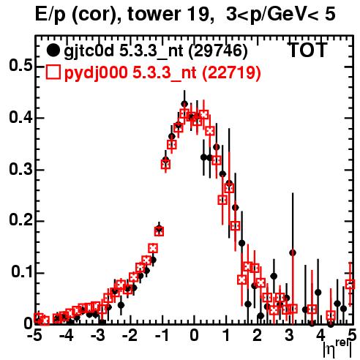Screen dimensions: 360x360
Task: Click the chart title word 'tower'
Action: pos(152,14)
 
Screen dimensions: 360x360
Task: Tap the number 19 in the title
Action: pos(197,14)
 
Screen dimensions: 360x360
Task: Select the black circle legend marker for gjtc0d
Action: pos(53,50)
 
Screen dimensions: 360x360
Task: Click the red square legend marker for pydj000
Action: pos(53,72)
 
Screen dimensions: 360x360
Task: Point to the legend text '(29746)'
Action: pos(218,51)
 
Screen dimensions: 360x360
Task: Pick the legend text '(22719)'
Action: pos(231,72)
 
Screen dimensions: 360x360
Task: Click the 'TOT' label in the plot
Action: pos(307,50)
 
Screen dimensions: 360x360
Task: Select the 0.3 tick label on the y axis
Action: pos(20,169)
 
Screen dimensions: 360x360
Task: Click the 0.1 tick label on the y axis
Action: pos(22,272)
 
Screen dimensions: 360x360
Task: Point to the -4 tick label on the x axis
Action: pos(67,335)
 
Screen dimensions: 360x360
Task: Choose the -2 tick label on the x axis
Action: pos(130,335)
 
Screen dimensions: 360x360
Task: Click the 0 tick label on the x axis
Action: pos(194,335)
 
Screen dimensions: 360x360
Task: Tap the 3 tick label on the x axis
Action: pos(289,335)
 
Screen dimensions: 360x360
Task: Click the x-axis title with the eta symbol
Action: pos(337,348)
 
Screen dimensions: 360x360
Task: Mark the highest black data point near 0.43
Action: pos(184,104)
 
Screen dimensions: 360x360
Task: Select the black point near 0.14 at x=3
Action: pos(293,253)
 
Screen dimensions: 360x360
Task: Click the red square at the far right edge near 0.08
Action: pos(350,284)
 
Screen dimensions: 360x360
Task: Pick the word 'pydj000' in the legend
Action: pos(96,72)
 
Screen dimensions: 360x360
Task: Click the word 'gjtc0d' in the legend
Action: pos(89,51)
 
